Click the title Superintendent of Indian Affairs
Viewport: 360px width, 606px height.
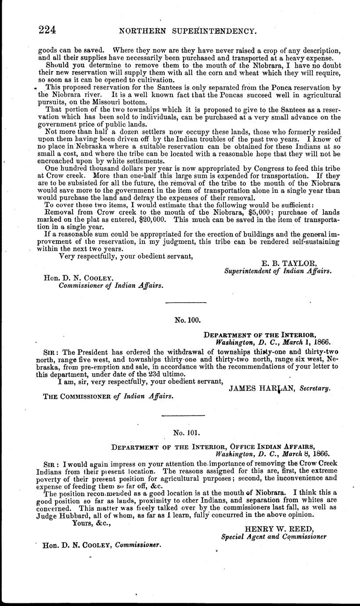coord(277,271)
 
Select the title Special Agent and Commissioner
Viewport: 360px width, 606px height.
coord(274,536)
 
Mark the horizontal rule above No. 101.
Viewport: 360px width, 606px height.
coord(184,415)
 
